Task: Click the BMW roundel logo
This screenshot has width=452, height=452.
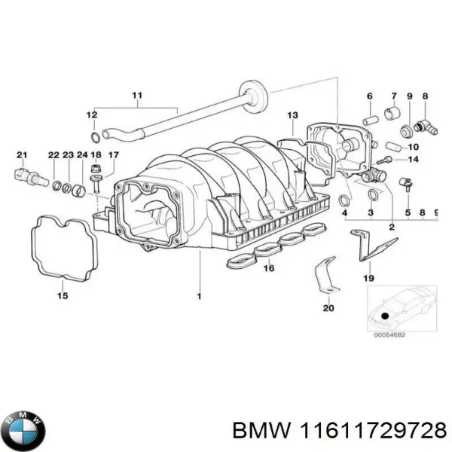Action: [24, 432]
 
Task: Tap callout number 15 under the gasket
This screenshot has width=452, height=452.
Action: [63, 296]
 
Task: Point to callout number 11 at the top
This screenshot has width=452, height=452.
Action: [136, 95]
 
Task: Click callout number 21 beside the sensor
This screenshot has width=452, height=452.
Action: [22, 155]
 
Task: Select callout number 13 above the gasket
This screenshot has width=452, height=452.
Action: [292, 115]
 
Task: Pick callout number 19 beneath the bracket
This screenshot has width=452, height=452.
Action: [368, 278]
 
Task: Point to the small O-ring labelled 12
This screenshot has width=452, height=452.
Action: [93, 137]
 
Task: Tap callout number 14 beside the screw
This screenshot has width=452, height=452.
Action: [413, 160]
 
